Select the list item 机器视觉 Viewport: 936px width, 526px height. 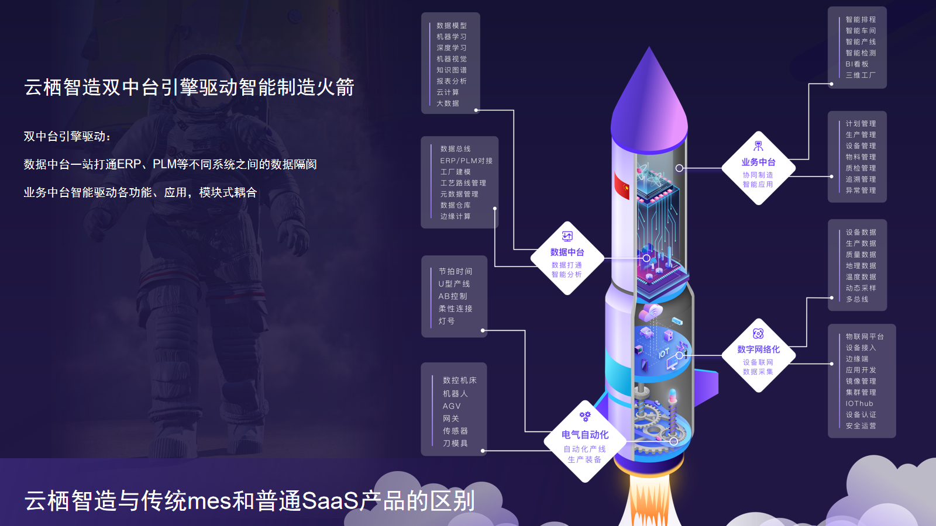[x=452, y=59]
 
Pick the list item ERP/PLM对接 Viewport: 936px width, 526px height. [x=466, y=161]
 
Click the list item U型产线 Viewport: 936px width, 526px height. [x=454, y=284]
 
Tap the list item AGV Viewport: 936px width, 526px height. [x=452, y=406]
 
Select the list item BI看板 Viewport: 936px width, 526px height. [x=857, y=64]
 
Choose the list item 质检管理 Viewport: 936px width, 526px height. [x=861, y=168]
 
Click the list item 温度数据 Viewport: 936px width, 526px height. [x=861, y=277]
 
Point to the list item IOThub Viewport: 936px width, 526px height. [x=859, y=404]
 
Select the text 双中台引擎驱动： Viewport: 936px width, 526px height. [x=67, y=137]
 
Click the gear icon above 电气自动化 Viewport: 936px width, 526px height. [x=585, y=416]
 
